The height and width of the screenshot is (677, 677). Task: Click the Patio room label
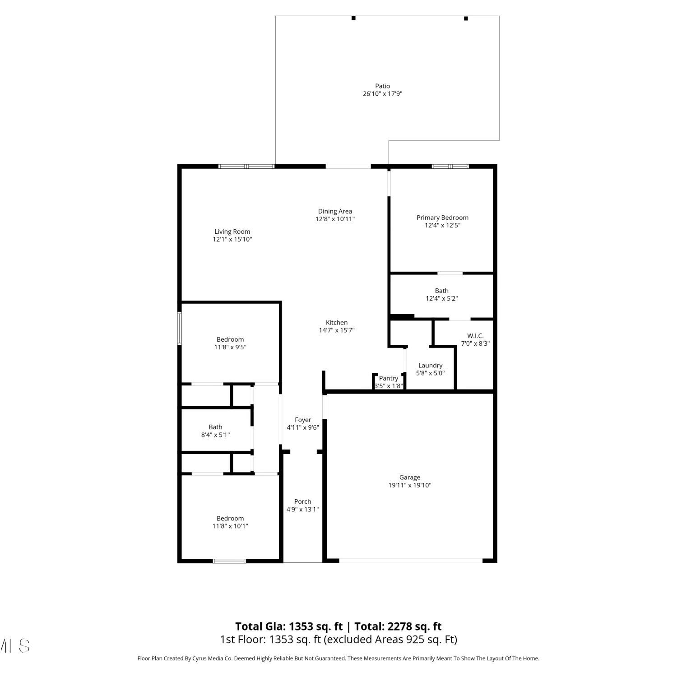(x=382, y=86)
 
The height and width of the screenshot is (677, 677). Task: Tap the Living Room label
(x=232, y=232)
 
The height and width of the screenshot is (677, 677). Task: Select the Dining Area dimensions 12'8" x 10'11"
(x=335, y=219)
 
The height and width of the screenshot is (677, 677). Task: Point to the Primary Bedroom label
(x=442, y=218)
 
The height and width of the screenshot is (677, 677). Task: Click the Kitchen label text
(x=337, y=322)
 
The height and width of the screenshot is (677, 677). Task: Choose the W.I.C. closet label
(x=475, y=336)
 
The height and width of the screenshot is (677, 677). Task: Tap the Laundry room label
(x=430, y=366)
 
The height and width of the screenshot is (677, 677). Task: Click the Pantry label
(x=389, y=378)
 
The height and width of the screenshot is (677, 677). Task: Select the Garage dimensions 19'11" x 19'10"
(x=410, y=485)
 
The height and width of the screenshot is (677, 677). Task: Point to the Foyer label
(x=303, y=420)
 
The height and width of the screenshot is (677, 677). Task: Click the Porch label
(x=302, y=501)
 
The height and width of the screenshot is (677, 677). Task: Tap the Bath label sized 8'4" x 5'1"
(x=215, y=427)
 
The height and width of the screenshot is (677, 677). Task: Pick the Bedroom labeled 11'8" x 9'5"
(x=230, y=339)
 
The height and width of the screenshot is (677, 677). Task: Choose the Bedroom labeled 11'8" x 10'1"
(x=230, y=519)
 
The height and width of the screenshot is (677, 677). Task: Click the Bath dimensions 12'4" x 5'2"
(x=442, y=298)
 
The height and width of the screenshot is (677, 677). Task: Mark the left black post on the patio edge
(x=353, y=18)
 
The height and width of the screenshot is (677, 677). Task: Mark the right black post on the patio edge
(x=466, y=19)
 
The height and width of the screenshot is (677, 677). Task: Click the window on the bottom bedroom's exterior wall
(x=229, y=561)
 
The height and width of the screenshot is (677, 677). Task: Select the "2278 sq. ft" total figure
(x=413, y=626)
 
